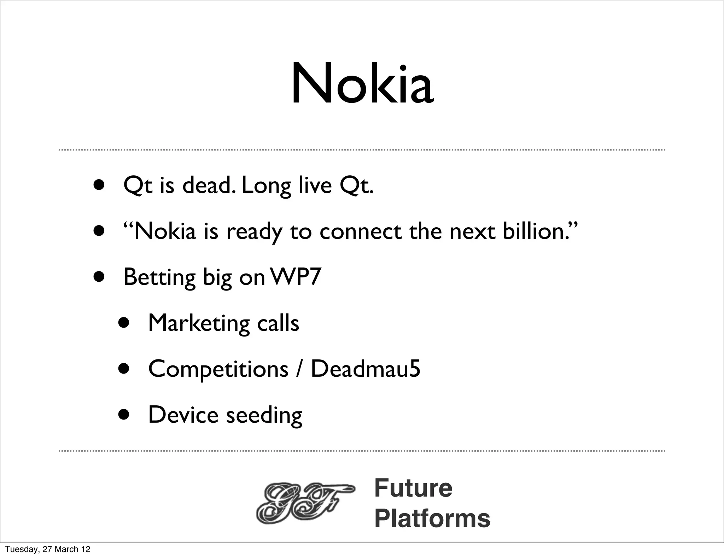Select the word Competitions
click(x=218, y=369)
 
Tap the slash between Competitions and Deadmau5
click(x=300, y=369)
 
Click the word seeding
click(x=264, y=415)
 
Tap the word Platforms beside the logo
click(x=432, y=518)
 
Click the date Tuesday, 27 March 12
click(x=48, y=549)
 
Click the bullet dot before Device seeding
click(x=124, y=415)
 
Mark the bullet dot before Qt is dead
click(x=99, y=185)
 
